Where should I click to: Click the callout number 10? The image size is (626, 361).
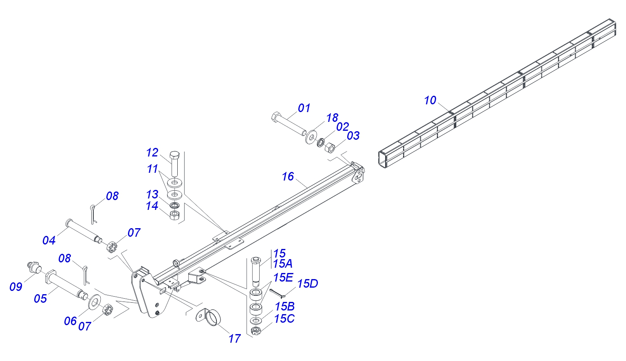point(430,100)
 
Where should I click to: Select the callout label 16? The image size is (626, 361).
point(288,176)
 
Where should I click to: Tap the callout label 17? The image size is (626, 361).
point(234,339)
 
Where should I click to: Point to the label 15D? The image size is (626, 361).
point(307,284)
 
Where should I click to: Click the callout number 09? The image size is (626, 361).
point(15,287)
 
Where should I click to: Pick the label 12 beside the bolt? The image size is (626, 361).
point(152,152)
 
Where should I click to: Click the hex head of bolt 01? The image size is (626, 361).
point(276,116)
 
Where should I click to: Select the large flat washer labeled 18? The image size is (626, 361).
point(311,137)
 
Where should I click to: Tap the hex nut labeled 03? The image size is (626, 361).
point(330,147)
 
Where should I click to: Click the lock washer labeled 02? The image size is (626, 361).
point(321,143)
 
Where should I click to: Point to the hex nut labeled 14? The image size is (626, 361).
point(175,215)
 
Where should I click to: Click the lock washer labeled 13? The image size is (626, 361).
point(175,206)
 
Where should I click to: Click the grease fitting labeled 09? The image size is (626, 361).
point(33,267)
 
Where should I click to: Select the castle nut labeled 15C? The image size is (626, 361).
point(255,331)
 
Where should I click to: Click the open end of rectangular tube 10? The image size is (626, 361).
point(383,159)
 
